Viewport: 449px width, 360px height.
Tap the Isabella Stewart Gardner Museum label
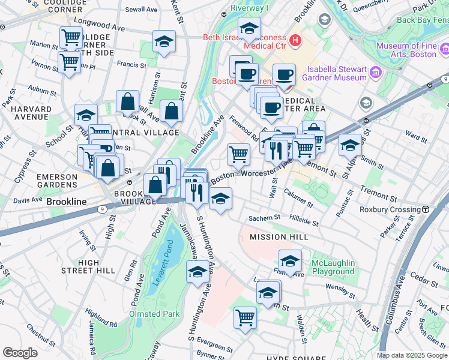coord(330,73)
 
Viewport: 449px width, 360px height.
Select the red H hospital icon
coord(295,40)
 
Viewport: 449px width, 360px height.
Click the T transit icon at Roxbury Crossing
coord(425,209)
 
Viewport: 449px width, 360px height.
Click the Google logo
coord(20,353)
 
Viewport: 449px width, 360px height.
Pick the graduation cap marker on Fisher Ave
coord(290,261)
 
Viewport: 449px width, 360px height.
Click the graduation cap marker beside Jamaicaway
coord(197,272)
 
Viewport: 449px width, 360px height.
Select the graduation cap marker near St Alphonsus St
coord(350,145)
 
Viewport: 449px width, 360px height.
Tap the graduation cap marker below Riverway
coord(249,28)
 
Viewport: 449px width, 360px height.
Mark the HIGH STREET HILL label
coord(88,267)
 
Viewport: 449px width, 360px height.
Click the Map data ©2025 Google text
coord(411,355)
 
